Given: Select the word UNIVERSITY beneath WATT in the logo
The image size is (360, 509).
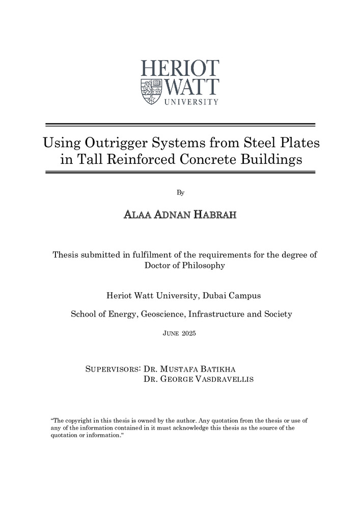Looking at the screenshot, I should [191, 102].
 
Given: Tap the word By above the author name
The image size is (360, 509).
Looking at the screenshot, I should [180, 192].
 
